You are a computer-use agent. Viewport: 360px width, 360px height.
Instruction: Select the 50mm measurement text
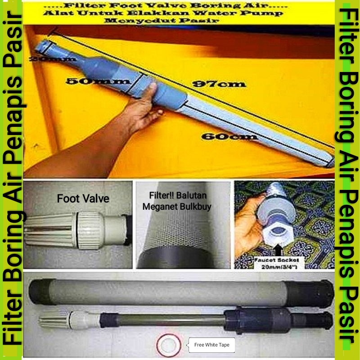click(x=98, y=81)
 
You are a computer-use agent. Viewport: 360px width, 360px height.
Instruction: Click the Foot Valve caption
click(x=83, y=198)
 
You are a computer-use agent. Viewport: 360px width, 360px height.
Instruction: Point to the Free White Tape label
click(x=211, y=345)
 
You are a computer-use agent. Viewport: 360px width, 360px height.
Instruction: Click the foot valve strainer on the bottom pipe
click(x=52, y=320)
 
